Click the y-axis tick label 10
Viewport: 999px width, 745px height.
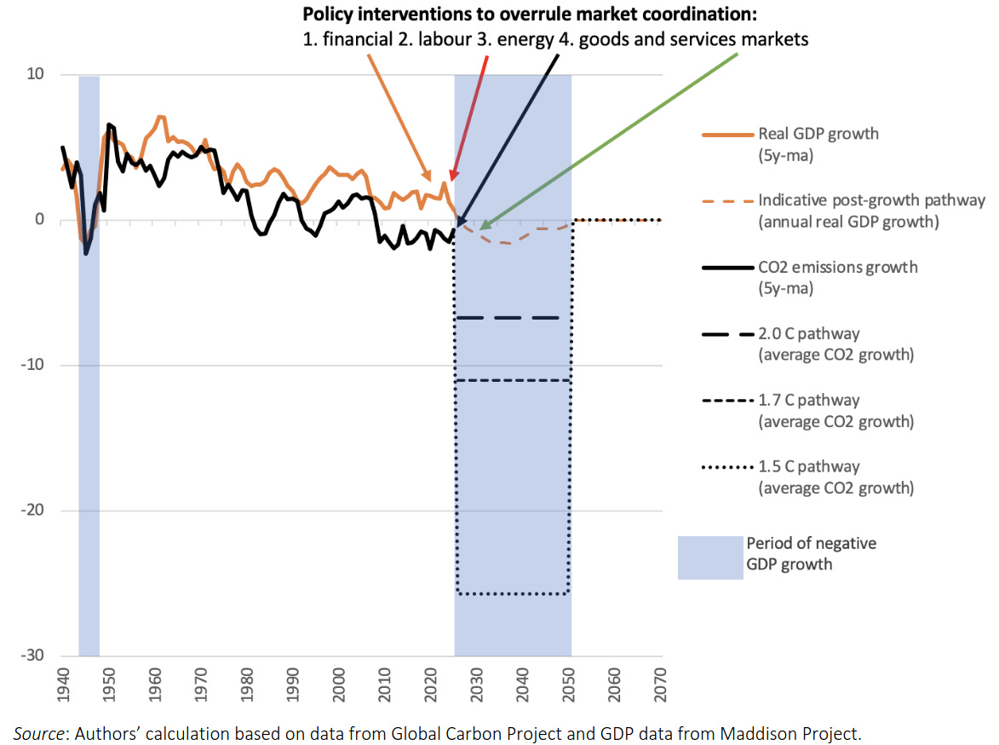point(35,74)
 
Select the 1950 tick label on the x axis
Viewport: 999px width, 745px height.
point(109,685)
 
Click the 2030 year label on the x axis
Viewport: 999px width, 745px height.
point(477,685)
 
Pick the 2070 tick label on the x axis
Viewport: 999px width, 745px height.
point(660,685)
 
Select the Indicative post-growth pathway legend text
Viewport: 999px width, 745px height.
point(871,211)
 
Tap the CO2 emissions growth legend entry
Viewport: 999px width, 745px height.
point(838,278)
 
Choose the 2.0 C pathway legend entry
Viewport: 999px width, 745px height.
point(835,344)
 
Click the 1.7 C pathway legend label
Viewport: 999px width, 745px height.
point(835,411)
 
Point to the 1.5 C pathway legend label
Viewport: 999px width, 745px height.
point(835,477)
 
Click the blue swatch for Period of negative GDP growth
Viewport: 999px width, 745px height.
point(710,557)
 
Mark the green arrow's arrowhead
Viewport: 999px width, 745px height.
point(485,225)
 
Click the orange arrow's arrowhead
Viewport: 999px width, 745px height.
point(427,176)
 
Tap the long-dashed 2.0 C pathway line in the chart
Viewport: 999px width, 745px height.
point(508,318)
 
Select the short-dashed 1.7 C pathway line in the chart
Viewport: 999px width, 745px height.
point(512,381)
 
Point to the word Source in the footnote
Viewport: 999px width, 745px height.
point(38,734)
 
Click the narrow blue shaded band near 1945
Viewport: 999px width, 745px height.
point(89,366)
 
